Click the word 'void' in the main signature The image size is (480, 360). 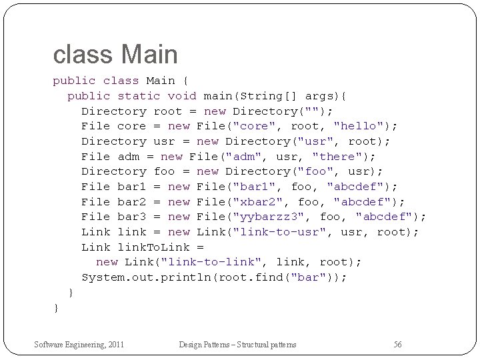pyautogui.click(x=181, y=96)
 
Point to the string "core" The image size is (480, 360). pyautogui.click(x=253, y=126)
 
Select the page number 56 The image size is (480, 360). pyautogui.click(x=397, y=345)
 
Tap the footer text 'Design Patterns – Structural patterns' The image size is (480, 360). pyautogui.click(x=237, y=345)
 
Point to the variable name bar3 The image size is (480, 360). pyautogui.click(x=131, y=217)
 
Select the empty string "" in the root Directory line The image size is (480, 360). pyautogui.click(x=311, y=111)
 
